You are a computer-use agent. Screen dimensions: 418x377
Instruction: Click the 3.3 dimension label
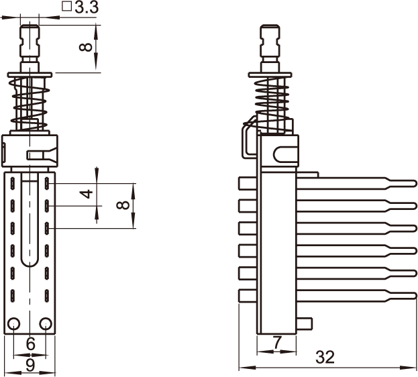(87, 7)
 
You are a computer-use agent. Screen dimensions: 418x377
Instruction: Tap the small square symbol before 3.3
(67, 7)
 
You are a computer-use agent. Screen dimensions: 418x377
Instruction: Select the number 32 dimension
(325, 357)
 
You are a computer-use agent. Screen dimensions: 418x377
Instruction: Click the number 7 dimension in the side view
(277, 342)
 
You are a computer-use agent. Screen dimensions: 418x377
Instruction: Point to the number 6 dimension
(31, 343)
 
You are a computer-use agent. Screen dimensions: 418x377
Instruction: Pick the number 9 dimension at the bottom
(30, 365)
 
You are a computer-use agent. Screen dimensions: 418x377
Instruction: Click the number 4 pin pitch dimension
(87, 194)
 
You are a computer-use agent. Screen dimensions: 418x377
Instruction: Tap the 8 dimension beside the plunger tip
(86, 47)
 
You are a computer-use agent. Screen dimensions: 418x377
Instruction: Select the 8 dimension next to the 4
(123, 205)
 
